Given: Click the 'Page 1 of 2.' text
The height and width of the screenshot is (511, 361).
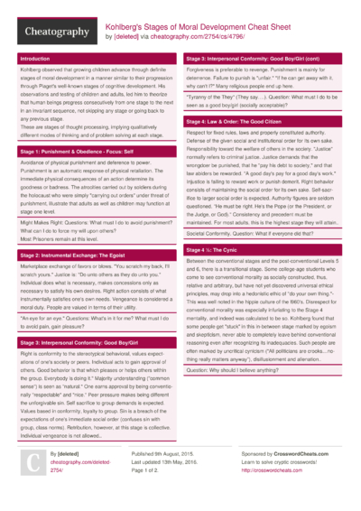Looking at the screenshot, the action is click(151, 469).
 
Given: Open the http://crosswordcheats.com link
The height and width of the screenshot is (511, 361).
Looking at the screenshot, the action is click(271, 469).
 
